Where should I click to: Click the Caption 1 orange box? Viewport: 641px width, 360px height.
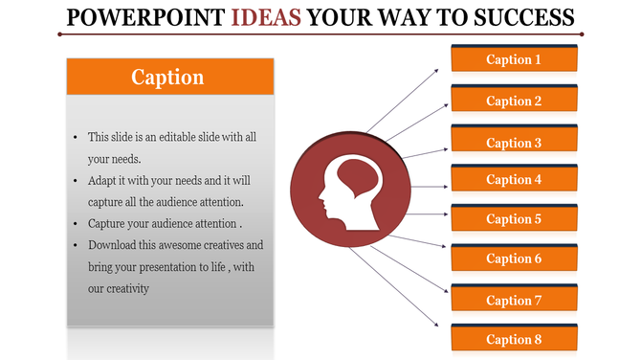(x=514, y=59)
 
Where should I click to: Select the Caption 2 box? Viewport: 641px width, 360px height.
(x=514, y=101)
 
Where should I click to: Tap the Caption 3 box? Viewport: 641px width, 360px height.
(x=514, y=143)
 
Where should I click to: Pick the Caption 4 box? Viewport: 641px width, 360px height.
(x=514, y=179)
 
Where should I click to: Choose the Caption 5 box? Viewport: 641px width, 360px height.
(x=514, y=219)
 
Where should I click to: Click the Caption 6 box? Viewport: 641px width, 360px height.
(x=514, y=259)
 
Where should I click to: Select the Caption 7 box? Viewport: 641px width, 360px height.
(x=514, y=301)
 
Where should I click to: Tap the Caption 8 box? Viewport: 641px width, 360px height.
(x=514, y=339)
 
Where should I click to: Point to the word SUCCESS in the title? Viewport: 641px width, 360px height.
(x=520, y=17)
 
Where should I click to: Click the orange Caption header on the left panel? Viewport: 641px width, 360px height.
(x=169, y=77)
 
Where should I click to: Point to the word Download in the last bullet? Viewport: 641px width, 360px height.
(x=112, y=245)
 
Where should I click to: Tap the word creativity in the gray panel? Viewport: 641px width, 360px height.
(x=124, y=288)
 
